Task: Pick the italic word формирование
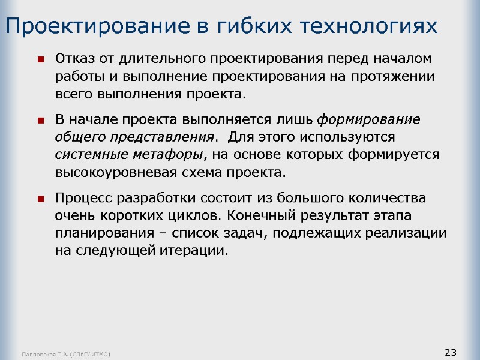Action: pos(368,119)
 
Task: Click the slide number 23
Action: pos(451,352)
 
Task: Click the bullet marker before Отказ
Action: pos(41,60)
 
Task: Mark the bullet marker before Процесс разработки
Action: pos(41,198)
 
